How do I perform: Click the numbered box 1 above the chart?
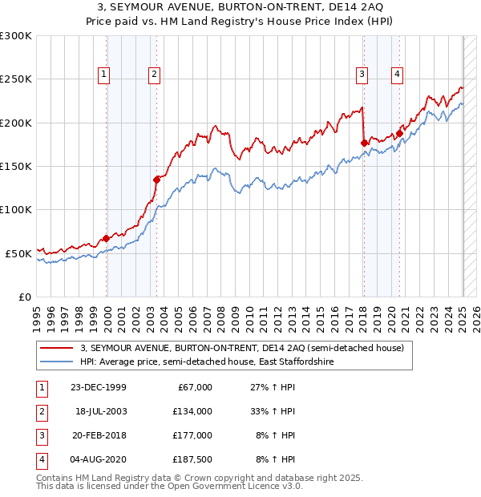click(104, 75)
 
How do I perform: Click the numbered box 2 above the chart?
click(153, 75)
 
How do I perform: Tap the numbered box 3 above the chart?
click(362, 75)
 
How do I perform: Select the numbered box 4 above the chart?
click(397, 75)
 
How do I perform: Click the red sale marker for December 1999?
click(106, 238)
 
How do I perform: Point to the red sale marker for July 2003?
click(156, 180)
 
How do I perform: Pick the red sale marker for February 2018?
click(364, 143)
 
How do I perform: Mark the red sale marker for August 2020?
click(399, 134)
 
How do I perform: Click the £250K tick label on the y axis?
click(16, 79)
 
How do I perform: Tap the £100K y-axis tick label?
click(16, 209)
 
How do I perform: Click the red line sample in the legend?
click(56, 348)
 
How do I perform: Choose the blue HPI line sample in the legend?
click(56, 362)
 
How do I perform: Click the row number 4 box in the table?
click(39, 459)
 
